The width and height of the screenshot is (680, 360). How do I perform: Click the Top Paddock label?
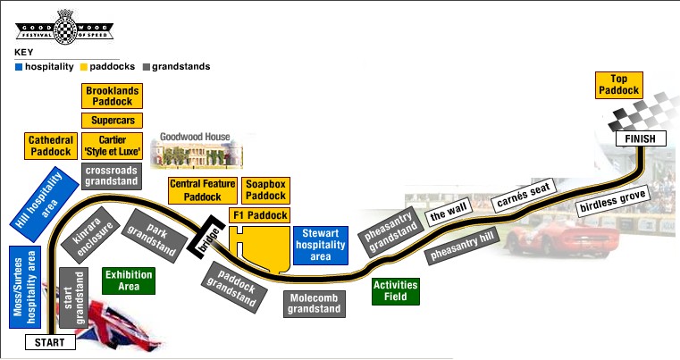(619, 86)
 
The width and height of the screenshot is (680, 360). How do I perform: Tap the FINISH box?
(641, 138)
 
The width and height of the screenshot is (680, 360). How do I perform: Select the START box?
(49, 342)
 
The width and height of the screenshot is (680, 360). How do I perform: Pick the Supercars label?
(113, 121)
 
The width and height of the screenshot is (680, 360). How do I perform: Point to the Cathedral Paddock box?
(50, 147)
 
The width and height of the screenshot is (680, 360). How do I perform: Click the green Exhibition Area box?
(130, 280)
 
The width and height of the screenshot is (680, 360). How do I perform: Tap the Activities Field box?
(395, 291)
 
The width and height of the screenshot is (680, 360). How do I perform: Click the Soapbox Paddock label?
(265, 189)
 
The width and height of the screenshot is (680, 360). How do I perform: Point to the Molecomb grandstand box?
(315, 304)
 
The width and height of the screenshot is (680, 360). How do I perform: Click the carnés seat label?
(523, 195)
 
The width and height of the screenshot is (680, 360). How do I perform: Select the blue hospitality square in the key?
(19, 66)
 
